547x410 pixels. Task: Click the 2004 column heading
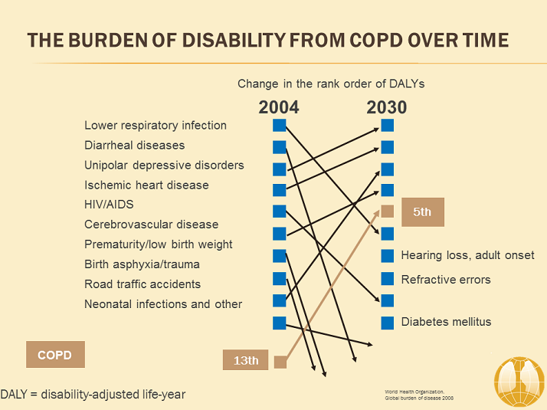(279, 107)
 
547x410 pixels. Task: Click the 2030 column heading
(387, 107)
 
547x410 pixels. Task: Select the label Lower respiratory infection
(156, 125)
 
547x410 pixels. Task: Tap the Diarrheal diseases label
(135, 145)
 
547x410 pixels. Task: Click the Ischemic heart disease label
(146, 185)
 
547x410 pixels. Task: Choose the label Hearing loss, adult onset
(468, 255)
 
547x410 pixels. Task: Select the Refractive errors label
(446, 279)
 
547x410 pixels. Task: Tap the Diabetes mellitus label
(446, 322)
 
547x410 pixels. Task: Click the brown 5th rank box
(422, 212)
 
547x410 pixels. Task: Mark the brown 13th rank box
(246, 360)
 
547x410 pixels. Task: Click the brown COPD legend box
(55, 356)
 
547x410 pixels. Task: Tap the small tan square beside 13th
(280, 362)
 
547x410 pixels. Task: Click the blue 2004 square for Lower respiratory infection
(279, 125)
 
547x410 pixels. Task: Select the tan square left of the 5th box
(388, 212)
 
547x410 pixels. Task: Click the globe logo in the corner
(518, 381)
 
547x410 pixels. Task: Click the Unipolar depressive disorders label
(164, 165)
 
